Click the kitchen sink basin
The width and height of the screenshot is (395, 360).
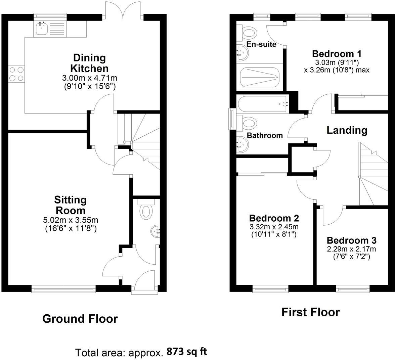point(42,29)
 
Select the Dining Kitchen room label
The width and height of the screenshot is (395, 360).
point(89,63)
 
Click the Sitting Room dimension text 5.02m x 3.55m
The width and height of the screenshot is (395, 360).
point(71,220)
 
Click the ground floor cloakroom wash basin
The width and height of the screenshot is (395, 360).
point(156,231)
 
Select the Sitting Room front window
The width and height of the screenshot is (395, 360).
point(63,288)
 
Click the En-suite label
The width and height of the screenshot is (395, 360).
point(261,44)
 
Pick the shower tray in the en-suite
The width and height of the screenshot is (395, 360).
point(260,77)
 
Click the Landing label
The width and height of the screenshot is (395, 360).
point(347,130)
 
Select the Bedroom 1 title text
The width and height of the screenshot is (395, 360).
point(337,54)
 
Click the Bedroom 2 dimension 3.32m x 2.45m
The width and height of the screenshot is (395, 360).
point(274,227)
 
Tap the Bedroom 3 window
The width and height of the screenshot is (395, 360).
point(353,288)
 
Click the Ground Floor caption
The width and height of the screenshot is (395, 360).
point(80,318)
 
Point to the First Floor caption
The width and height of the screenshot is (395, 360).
point(310,312)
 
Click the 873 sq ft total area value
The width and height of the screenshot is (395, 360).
point(187,352)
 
